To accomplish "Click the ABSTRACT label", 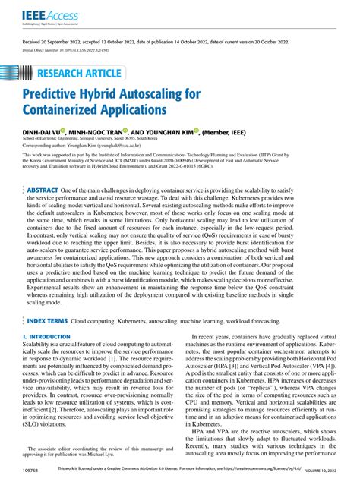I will point(43,190).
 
